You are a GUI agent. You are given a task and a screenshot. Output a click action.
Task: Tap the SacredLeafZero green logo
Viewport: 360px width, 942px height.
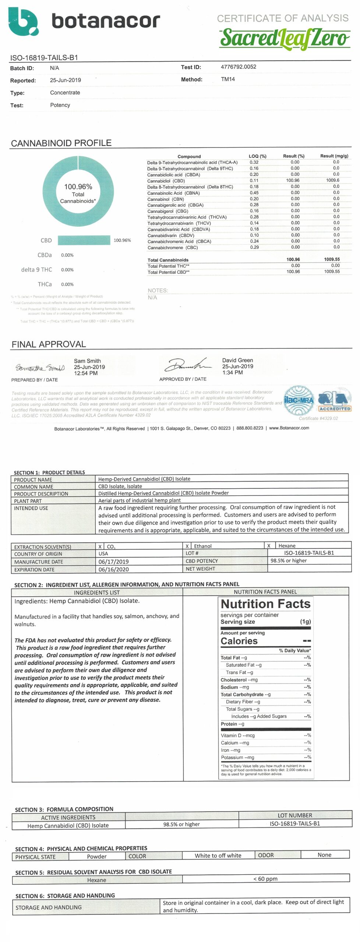pyautogui.click(x=285, y=39)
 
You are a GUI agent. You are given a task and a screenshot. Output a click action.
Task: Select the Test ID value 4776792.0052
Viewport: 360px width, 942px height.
pyautogui.click(x=238, y=67)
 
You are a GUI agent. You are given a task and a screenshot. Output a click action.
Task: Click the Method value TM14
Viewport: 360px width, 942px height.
pyautogui.click(x=228, y=79)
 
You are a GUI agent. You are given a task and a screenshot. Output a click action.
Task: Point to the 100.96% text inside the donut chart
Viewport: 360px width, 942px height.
pyautogui.click(x=78, y=187)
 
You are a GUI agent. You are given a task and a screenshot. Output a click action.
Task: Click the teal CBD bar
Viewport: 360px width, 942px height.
pyautogui.click(x=84, y=240)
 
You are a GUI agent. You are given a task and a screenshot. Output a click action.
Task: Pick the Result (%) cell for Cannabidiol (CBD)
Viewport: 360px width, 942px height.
pyautogui.click(x=293, y=181)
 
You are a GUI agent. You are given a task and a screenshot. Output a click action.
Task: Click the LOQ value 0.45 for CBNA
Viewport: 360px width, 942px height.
pyautogui.click(x=254, y=193)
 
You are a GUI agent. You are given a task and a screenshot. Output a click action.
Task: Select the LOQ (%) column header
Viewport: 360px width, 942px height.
pyautogui.click(x=257, y=156)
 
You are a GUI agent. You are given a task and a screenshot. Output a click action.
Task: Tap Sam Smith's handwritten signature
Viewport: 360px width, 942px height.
pyautogui.click(x=40, y=368)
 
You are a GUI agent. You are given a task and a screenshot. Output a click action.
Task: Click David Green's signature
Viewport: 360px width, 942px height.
pyautogui.click(x=188, y=365)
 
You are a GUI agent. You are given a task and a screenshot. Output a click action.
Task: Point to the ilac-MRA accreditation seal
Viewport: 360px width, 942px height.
pyautogui.click(x=299, y=400)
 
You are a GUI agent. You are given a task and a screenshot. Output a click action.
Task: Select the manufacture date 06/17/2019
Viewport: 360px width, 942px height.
pyautogui.click(x=113, y=562)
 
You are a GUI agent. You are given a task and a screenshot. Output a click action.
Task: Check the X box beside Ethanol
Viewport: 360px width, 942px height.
pyautogui.click(x=187, y=546)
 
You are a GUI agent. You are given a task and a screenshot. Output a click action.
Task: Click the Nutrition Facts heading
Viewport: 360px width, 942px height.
pyautogui.click(x=265, y=604)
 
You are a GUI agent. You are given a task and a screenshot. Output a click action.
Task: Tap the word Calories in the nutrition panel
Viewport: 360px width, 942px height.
pyautogui.click(x=239, y=641)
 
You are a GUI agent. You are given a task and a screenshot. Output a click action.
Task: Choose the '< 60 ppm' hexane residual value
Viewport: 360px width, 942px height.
pyautogui.click(x=265, y=879)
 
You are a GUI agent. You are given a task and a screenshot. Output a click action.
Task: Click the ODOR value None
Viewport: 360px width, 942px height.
pyautogui.click(x=324, y=855)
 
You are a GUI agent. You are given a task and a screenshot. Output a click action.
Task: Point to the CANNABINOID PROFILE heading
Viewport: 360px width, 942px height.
pyautogui.click(x=61, y=143)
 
